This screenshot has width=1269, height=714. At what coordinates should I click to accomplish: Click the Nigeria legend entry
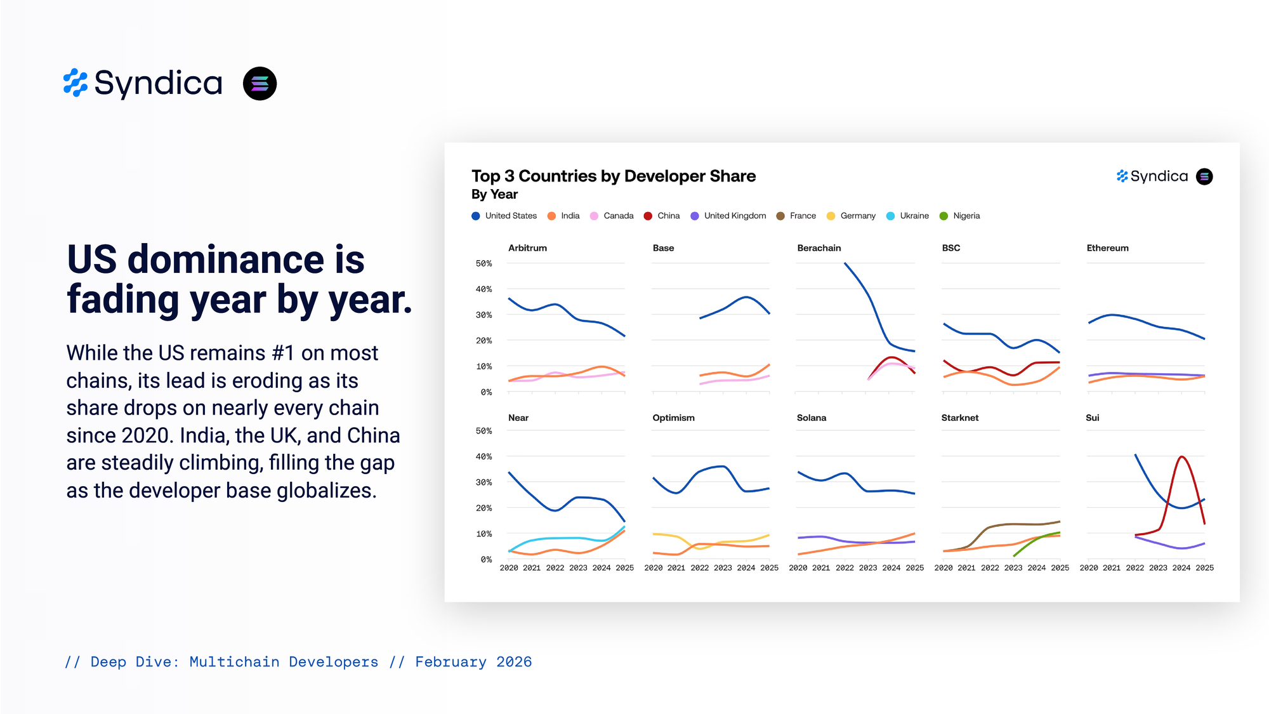(959, 216)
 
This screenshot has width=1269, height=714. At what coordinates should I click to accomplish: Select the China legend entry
(662, 216)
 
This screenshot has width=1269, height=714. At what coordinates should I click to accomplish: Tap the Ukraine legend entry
(907, 216)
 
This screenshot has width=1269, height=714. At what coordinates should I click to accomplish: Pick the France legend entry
(796, 216)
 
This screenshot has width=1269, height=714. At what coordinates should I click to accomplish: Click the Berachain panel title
(819, 248)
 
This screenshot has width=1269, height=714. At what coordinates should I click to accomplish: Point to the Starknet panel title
(960, 418)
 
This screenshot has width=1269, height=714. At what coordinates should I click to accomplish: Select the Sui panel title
(1093, 418)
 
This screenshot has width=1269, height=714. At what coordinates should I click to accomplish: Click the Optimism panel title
(673, 418)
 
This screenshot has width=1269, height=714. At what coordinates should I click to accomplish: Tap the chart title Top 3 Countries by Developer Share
(614, 176)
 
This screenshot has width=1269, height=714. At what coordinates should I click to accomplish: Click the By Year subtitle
(494, 194)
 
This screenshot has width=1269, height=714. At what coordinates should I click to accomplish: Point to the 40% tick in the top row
(483, 289)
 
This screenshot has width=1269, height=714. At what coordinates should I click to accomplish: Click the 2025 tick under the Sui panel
(1204, 568)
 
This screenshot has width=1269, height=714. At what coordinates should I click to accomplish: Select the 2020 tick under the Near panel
(509, 568)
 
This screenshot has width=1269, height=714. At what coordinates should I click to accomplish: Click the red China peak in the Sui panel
(1181, 457)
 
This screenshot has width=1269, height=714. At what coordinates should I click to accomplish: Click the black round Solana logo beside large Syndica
(260, 84)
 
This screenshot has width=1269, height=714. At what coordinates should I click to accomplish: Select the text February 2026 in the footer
(473, 662)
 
